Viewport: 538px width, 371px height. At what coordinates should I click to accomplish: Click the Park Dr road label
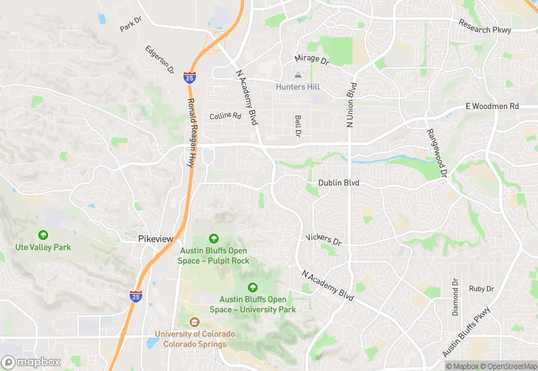click(131, 26)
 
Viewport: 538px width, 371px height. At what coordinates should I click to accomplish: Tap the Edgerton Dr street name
click(159, 60)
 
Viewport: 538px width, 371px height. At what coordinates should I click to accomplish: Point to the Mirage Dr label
click(312, 61)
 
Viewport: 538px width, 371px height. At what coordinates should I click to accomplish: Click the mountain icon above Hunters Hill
click(297, 75)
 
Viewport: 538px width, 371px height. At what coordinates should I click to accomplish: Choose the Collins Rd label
click(225, 115)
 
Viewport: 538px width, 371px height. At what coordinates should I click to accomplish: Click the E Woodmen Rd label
click(492, 106)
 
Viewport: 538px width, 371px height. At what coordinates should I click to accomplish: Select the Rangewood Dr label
click(437, 153)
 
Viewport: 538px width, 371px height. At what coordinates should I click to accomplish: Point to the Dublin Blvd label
click(333, 183)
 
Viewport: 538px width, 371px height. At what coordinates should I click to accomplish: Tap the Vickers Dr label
click(323, 239)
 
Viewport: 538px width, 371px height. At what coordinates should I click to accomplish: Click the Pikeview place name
click(155, 239)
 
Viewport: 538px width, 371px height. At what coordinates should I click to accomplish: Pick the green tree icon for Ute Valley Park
click(43, 235)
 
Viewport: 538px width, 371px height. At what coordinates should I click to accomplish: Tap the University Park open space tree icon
click(253, 287)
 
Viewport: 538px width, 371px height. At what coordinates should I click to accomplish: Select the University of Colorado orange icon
click(194, 323)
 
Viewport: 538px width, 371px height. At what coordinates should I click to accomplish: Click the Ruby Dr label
click(481, 289)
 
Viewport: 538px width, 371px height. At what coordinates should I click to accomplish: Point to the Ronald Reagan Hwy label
click(190, 132)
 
